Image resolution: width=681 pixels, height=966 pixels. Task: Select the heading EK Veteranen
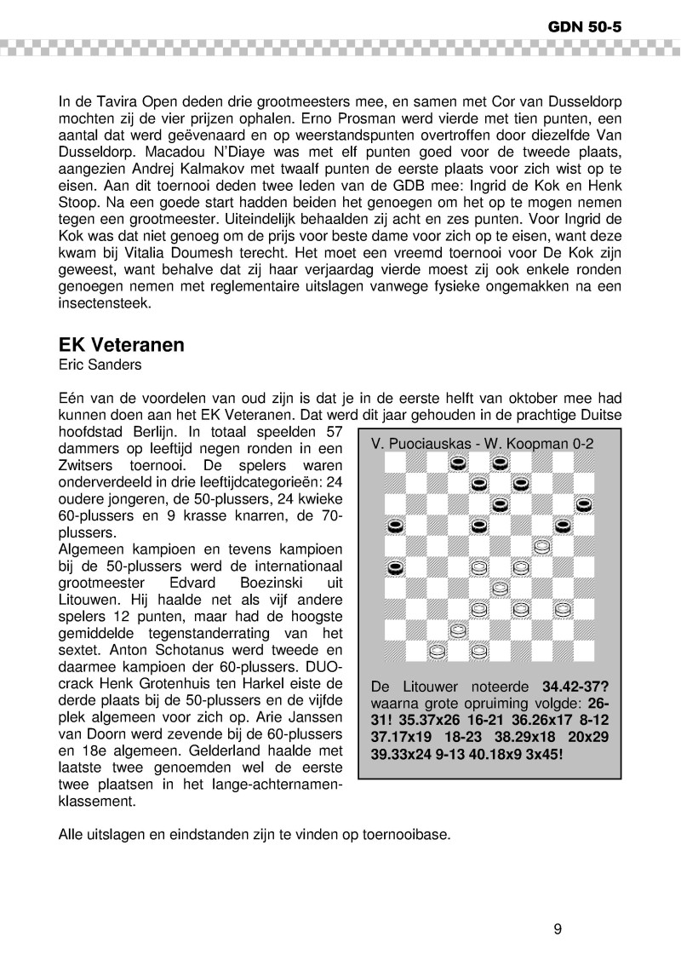point(121,346)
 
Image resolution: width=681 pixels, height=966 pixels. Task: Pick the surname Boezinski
point(253,582)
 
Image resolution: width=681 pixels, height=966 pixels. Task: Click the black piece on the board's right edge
point(583,505)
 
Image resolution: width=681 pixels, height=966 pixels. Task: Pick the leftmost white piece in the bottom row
point(437,652)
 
